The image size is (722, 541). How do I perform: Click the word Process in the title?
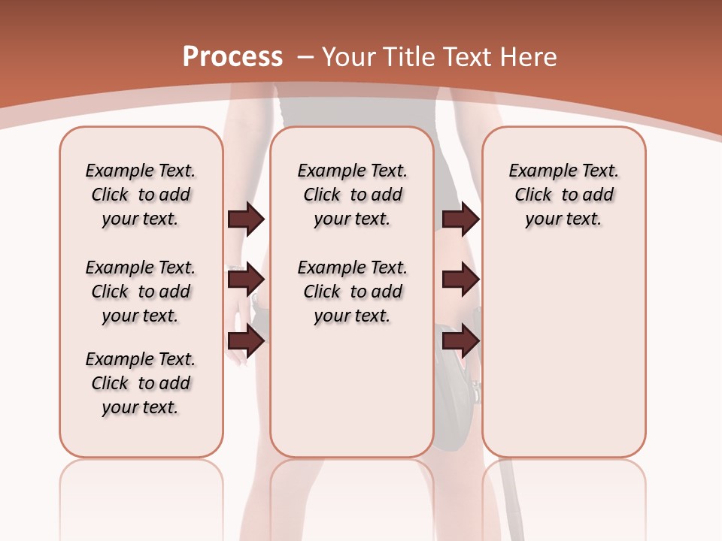(x=232, y=56)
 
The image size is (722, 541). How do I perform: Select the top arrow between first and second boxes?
(x=246, y=219)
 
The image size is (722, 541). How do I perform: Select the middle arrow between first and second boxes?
(x=246, y=280)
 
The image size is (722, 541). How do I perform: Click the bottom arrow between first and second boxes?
(x=246, y=341)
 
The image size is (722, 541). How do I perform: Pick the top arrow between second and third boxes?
(x=460, y=219)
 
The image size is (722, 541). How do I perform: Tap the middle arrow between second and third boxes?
(x=460, y=280)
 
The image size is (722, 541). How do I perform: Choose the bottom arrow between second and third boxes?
(x=460, y=341)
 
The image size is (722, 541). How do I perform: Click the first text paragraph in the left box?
(x=141, y=195)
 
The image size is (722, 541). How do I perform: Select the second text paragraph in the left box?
(x=141, y=292)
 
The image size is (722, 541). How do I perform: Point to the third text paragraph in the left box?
(x=141, y=383)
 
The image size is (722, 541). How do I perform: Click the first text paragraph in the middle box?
(x=352, y=195)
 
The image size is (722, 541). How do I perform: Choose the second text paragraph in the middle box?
(x=352, y=292)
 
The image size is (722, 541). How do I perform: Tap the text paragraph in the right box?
(x=563, y=195)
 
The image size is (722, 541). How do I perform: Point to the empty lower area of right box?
(x=563, y=353)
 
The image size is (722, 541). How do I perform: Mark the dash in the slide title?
(x=305, y=57)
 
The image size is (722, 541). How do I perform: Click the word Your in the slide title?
(x=348, y=56)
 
